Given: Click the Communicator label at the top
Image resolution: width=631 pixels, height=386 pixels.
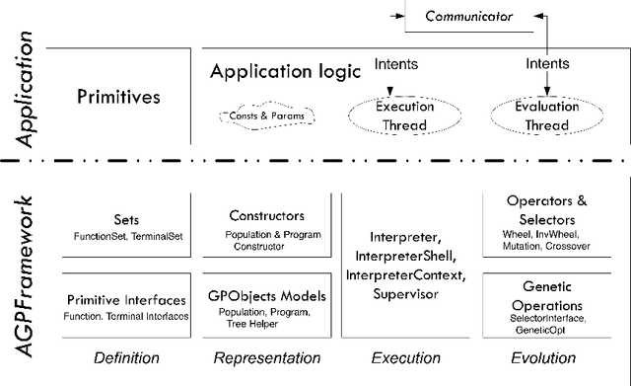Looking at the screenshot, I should (x=475, y=16).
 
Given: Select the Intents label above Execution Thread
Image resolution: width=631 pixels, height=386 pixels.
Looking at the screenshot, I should (x=395, y=65).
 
